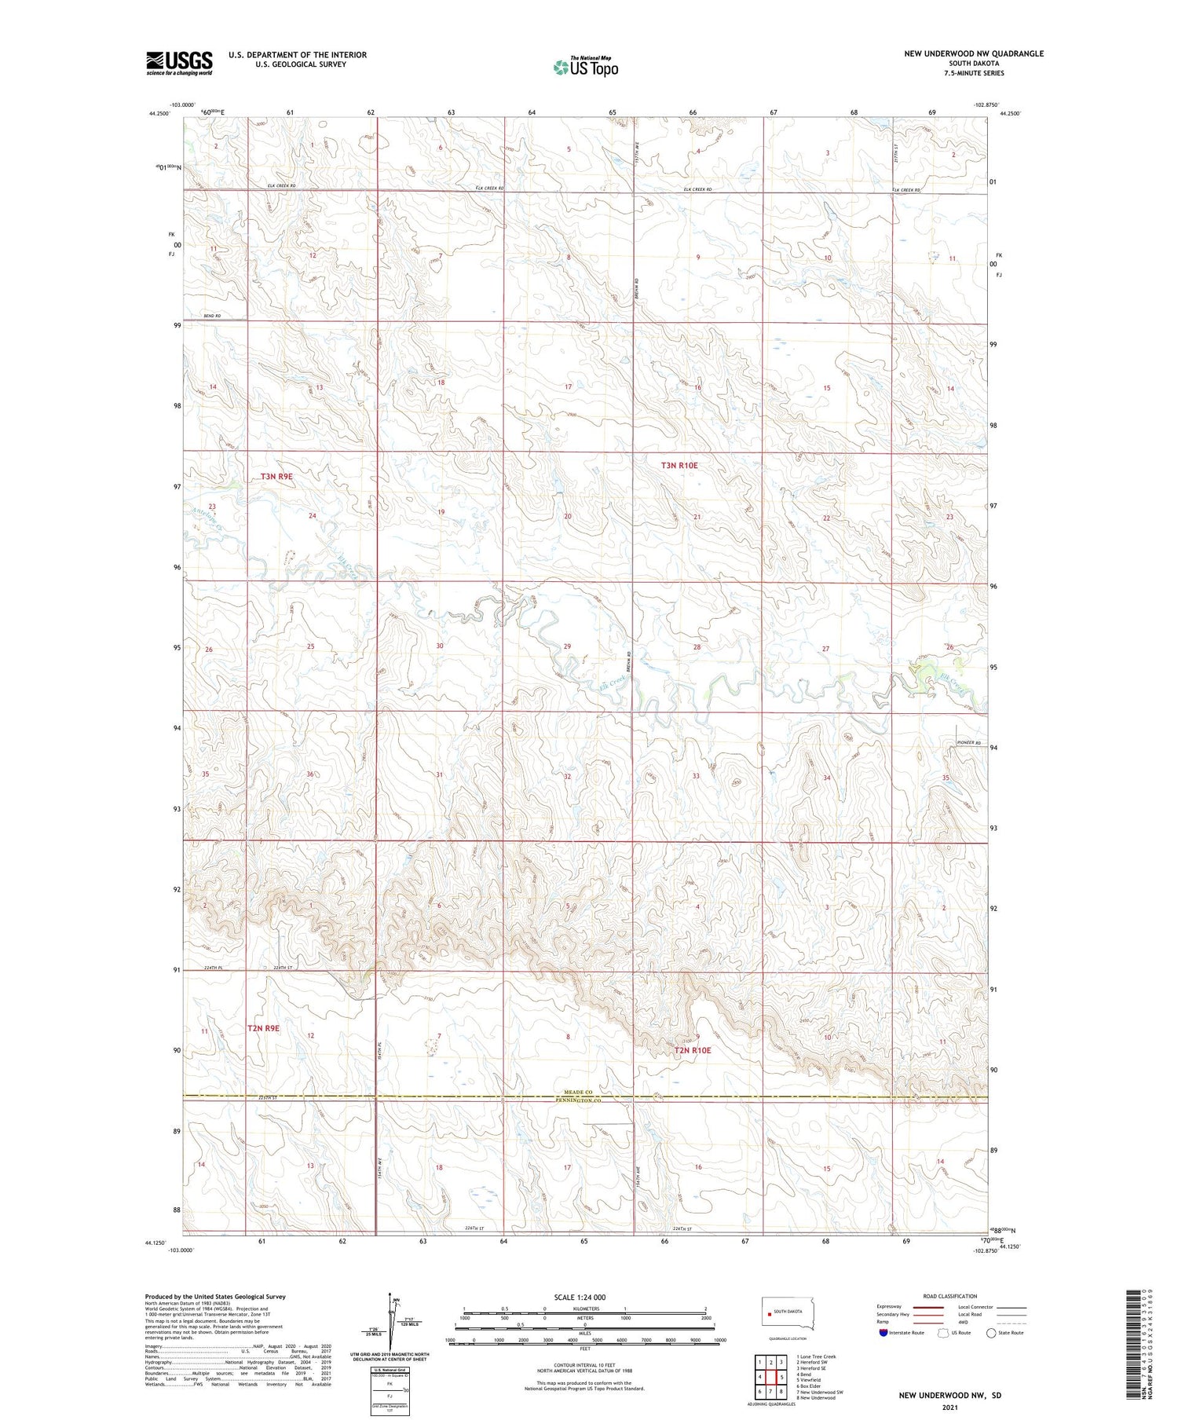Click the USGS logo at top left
pyautogui.click(x=179, y=63)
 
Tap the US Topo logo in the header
pyautogui.click(x=586, y=68)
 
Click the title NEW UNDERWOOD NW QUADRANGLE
pyautogui.click(x=974, y=53)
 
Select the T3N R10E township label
pyautogui.click(x=679, y=466)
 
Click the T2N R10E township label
pyautogui.click(x=693, y=1050)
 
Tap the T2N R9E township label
pyautogui.click(x=263, y=1027)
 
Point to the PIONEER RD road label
pyautogui.click(x=969, y=743)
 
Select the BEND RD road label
pyautogui.click(x=212, y=316)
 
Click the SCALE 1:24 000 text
pyautogui.click(x=580, y=1298)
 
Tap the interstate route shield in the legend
pyautogui.click(x=883, y=1333)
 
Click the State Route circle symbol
pyautogui.click(x=991, y=1333)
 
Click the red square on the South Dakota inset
pyautogui.click(x=769, y=1312)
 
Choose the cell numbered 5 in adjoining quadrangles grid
pyautogui.click(x=782, y=1378)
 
